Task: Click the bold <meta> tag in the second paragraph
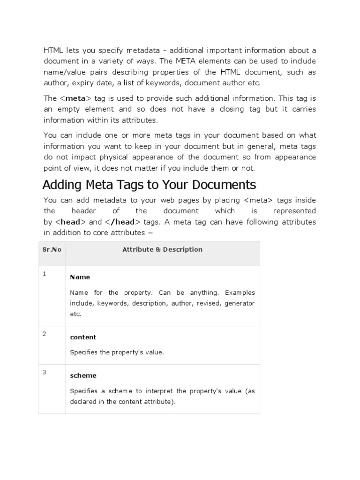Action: point(75,98)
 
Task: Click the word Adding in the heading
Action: point(60,183)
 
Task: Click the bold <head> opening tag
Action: point(71,222)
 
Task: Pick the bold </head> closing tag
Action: point(121,222)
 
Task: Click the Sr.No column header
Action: point(52,249)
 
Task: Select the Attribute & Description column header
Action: point(162,249)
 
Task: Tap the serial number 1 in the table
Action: point(45,274)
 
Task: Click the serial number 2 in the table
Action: point(45,334)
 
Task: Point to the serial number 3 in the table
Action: point(45,372)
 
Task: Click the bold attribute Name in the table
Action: point(80,277)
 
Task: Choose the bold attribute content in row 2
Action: point(83,337)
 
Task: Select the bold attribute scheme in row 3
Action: point(83,375)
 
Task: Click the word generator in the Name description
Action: point(240,303)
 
